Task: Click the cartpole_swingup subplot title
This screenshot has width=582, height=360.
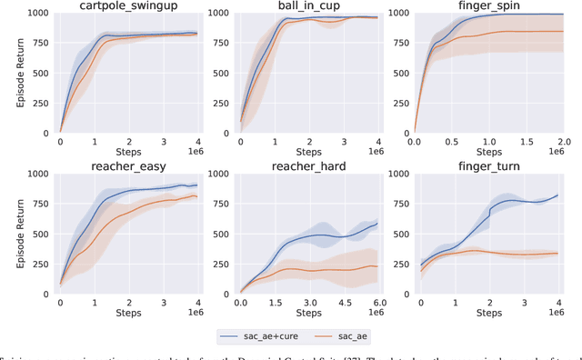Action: [x=129, y=6]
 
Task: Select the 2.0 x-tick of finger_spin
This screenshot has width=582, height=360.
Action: [x=557, y=142]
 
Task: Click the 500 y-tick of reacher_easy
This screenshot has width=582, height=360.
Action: [x=44, y=233]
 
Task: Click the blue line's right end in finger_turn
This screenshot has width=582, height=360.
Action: [x=557, y=195]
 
